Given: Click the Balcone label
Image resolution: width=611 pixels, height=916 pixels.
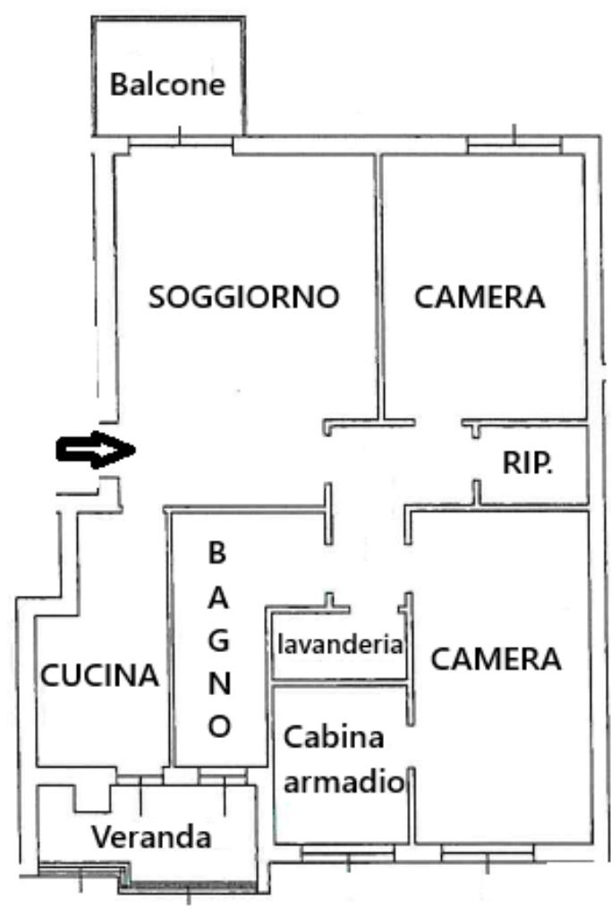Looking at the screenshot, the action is point(166,86).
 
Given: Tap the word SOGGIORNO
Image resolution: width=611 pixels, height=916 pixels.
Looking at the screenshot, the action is point(244,297).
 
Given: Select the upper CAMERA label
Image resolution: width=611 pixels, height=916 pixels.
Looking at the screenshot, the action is point(479,297).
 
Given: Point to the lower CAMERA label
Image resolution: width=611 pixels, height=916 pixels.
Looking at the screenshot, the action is point(496,659).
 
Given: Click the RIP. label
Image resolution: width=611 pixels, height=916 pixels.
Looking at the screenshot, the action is point(527,462).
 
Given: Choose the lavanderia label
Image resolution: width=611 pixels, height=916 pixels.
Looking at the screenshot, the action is point(341,644).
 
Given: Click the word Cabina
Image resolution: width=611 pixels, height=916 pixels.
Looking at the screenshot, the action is point(335,738).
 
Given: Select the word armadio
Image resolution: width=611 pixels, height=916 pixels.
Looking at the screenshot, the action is point(340,783).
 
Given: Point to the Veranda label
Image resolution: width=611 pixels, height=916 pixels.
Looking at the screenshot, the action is point(153,837).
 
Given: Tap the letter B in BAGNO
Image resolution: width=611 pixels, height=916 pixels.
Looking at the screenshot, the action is point(217,553).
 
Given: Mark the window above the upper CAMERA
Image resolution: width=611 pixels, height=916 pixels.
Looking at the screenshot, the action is point(514,142).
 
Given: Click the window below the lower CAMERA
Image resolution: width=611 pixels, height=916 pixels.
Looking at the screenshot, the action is point(488,854).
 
